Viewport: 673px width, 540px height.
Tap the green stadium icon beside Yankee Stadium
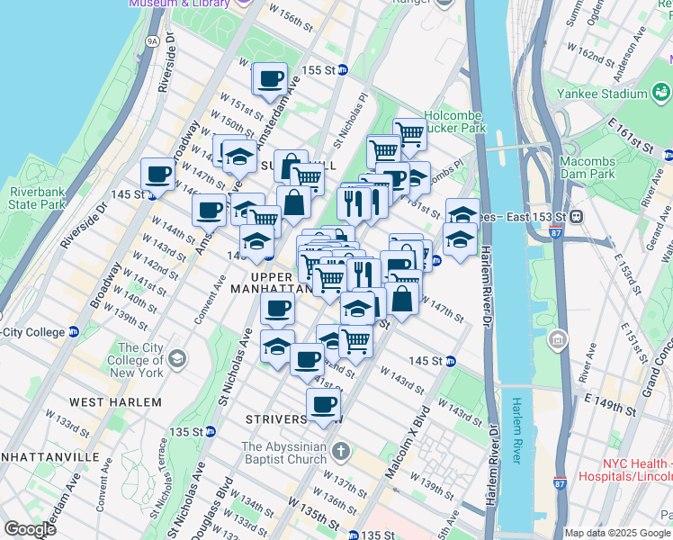661,93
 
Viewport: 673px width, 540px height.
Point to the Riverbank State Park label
37,198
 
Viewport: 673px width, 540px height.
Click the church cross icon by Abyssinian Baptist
340,449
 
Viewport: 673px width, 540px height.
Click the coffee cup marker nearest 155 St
270,78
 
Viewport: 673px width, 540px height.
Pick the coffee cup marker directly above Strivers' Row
323,404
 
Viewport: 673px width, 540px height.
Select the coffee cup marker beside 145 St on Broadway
157,174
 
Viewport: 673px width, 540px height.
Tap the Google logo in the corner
29,528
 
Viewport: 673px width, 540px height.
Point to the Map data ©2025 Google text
617,533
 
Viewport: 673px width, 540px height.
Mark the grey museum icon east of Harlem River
558,339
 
